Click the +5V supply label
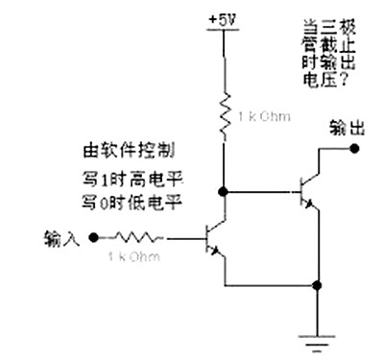tap(222, 18)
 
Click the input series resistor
tap(140, 236)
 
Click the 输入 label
tap(63, 235)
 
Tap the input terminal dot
tap(92, 236)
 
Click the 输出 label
tap(344, 127)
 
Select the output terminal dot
tap(354, 148)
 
